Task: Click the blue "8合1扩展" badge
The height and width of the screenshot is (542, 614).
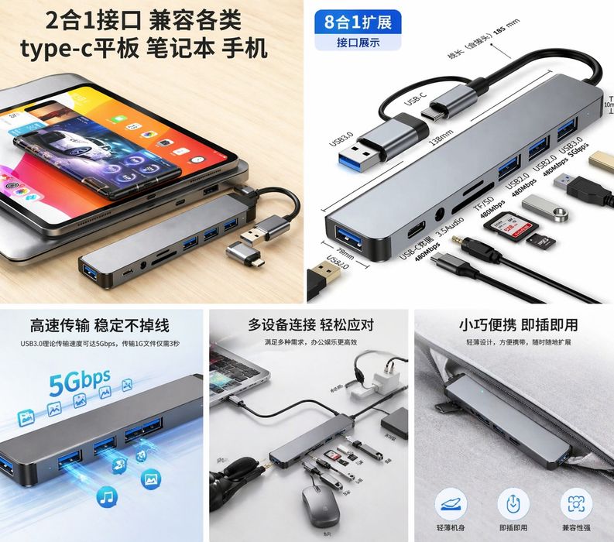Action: coord(358,20)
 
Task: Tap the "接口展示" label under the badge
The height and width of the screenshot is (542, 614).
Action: coord(358,43)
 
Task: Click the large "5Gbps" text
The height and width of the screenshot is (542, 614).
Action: coord(80,382)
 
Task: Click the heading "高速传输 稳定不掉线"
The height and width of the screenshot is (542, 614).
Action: coord(100,324)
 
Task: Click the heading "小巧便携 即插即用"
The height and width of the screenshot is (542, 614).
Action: coord(518,324)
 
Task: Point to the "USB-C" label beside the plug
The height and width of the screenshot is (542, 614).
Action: coord(416,103)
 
